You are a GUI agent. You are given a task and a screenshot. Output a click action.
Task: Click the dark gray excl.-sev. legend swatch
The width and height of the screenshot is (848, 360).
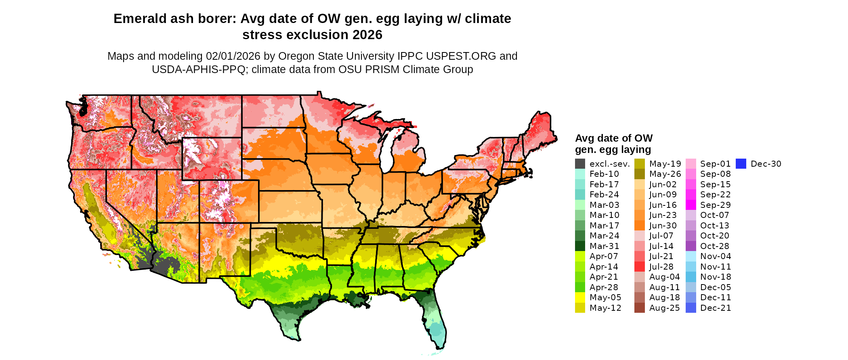580,164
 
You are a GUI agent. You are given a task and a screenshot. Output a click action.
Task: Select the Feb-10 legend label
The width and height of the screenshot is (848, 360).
604,174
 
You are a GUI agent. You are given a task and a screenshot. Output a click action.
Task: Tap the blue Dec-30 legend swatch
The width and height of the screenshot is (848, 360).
741,164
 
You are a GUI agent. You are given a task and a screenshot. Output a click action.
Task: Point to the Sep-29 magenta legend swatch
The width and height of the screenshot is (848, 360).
691,205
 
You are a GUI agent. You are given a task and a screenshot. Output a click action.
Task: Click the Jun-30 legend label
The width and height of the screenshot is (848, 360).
663,226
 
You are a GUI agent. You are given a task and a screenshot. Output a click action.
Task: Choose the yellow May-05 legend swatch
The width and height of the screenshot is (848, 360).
580,297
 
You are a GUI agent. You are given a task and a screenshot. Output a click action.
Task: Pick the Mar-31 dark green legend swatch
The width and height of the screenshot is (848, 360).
580,246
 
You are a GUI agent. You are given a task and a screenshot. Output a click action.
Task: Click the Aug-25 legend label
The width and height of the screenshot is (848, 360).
664,308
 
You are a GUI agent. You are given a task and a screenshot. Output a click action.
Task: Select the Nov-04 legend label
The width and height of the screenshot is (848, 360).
716,256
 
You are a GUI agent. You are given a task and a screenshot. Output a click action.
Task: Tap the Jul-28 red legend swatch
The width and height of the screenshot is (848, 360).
639,267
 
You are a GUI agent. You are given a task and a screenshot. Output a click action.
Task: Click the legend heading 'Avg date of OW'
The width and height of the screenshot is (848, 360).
613,138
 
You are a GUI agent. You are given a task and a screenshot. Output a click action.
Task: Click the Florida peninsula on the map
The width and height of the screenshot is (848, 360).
436,319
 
